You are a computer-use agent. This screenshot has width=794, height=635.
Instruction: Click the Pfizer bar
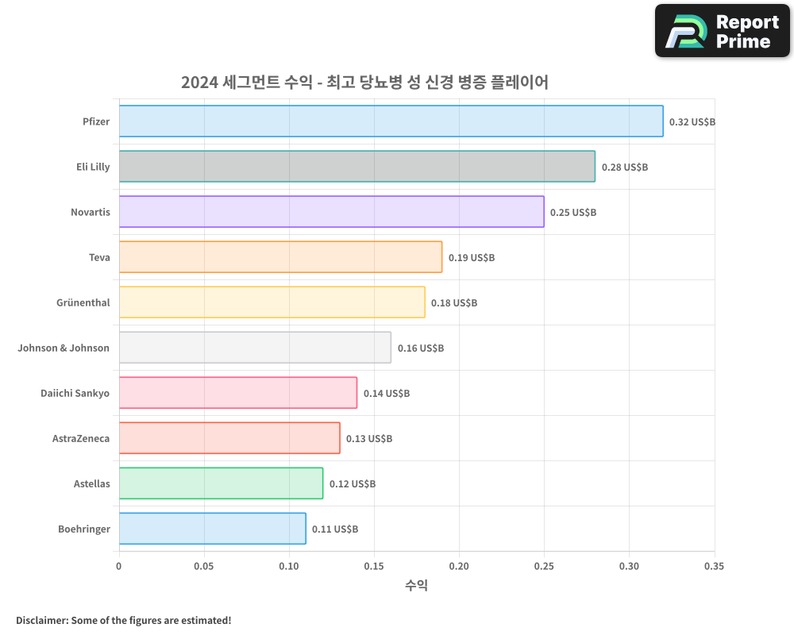391,121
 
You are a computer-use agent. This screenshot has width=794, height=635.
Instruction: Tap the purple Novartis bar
331,212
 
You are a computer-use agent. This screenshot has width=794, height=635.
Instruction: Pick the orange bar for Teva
280,257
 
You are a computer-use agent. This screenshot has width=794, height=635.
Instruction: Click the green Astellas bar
221,483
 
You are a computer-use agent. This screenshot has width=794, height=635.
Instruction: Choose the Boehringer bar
212,529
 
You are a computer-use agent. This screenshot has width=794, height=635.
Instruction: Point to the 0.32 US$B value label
692,122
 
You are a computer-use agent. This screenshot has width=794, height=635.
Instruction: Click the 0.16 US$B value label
420,348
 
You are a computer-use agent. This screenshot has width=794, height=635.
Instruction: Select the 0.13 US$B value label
369,439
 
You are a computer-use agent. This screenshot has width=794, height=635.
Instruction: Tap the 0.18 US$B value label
454,303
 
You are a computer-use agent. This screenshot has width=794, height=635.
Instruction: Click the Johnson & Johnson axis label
64,348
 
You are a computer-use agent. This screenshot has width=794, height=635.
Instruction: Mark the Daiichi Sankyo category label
75,393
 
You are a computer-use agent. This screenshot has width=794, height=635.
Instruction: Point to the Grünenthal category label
83,302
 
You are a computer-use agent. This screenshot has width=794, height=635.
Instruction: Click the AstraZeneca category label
80,438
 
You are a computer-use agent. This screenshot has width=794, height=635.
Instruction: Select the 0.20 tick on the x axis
459,566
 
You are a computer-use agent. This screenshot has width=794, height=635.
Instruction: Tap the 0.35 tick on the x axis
714,566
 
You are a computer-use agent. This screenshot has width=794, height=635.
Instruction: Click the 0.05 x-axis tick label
204,566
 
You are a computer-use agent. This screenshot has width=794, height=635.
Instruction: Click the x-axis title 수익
416,586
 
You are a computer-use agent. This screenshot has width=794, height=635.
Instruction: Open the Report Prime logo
722,30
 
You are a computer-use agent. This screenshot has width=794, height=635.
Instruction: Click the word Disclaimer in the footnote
40,620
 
